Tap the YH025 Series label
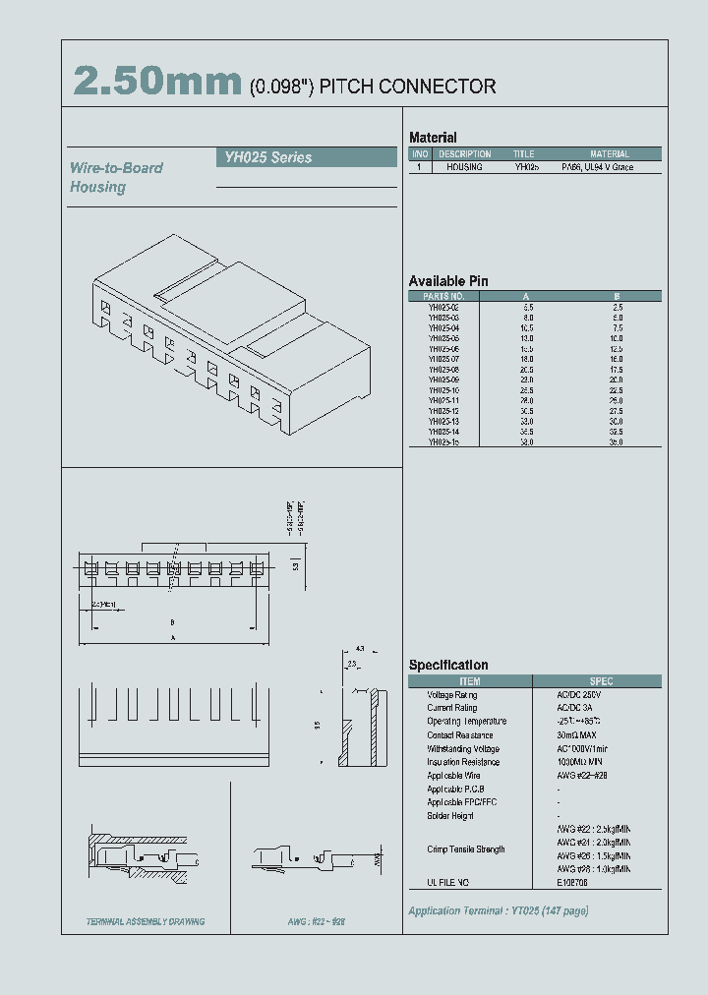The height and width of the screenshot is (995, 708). pyautogui.click(x=265, y=157)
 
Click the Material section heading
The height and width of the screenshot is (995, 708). pyautogui.click(x=433, y=138)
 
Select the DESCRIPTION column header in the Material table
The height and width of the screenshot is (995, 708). pyautogui.click(x=464, y=154)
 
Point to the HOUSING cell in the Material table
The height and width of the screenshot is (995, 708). pyautogui.click(x=464, y=168)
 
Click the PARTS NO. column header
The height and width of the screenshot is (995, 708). pyautogui.click(x=442, y=296)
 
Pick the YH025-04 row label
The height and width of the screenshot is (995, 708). pyautogui.click(x=443, y=327)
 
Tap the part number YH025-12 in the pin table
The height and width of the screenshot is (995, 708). pyautogui.click(x=443, y=410)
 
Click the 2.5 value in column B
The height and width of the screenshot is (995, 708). pyautogui.click(x=617, y=307)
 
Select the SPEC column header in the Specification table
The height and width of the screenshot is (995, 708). pyautogui.click(x=601, y=681)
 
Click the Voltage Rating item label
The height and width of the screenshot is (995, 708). pyautogui.click(x=451, y=695)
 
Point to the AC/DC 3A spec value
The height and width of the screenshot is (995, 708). pyautogui.click(x=575, y=708)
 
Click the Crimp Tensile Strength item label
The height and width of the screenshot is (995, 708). pyautogui.click(x=465, y=849)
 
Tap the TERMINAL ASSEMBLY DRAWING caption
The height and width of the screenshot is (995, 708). pyautogui.click(x=146, y=921)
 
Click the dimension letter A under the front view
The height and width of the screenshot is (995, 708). pyautogui.click(x=172, y=637)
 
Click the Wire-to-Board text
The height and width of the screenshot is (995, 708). pyautogui.click(x=116, y=168)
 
